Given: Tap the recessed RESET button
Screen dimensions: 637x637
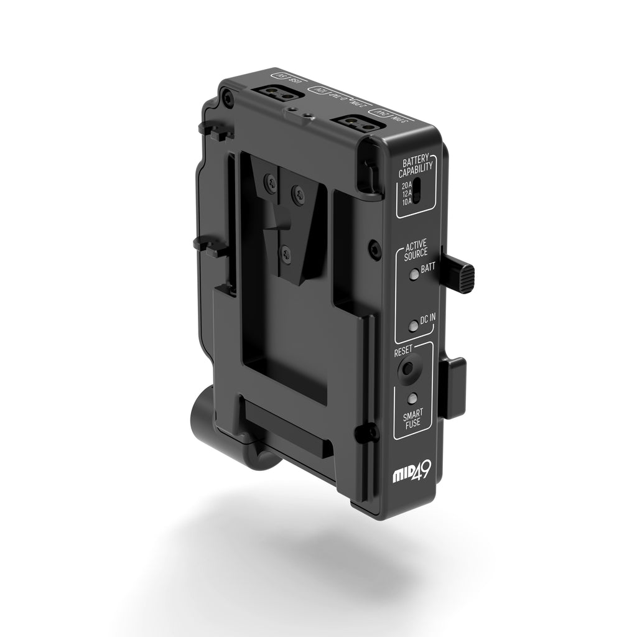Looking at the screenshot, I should (x=407, y=368).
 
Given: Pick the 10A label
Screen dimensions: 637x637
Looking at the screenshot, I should (x=406, y=202).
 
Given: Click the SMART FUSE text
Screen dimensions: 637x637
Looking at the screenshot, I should (x=411, y=418).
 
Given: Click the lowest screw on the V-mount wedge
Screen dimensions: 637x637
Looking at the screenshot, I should (x=286, y=252).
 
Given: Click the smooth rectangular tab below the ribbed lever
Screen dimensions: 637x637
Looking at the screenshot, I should (x=454, y=388).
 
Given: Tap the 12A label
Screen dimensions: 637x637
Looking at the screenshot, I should (x=406, y=194).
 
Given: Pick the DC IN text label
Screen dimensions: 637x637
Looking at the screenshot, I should (x=428, y=319).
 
